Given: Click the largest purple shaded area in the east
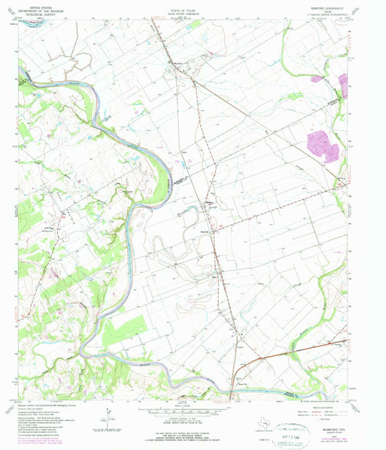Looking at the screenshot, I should click(322, 145).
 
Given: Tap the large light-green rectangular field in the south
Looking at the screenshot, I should click(124, 329).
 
